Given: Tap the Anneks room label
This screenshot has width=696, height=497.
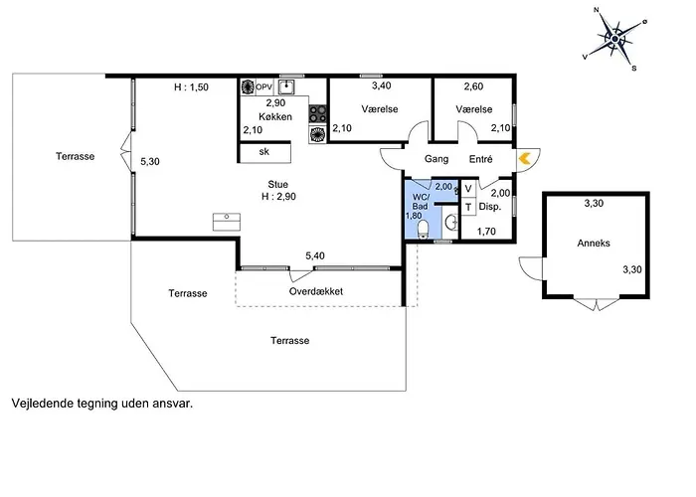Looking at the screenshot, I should (594, 243).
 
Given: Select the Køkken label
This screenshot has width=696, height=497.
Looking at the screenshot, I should (274, 116).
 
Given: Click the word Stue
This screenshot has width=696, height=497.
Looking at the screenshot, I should (277, 184).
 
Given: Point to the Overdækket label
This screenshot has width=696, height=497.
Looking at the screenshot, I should (316, 292).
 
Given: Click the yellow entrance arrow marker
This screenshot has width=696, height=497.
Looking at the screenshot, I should (524, 157).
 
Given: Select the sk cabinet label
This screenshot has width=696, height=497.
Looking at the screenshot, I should (264, 152).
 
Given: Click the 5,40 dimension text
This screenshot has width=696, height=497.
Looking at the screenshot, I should (315, 256).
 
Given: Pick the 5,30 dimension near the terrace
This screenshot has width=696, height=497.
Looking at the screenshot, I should (150, 161).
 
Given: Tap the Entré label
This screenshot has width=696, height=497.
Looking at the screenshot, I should (482, 159).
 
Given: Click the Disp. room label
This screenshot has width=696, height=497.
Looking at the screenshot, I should (489, 208).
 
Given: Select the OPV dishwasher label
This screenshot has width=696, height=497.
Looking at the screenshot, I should (263, 87).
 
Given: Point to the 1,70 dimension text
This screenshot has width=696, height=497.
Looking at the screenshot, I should (487, 233).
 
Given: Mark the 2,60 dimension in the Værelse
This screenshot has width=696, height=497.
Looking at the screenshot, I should (473, 87).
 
